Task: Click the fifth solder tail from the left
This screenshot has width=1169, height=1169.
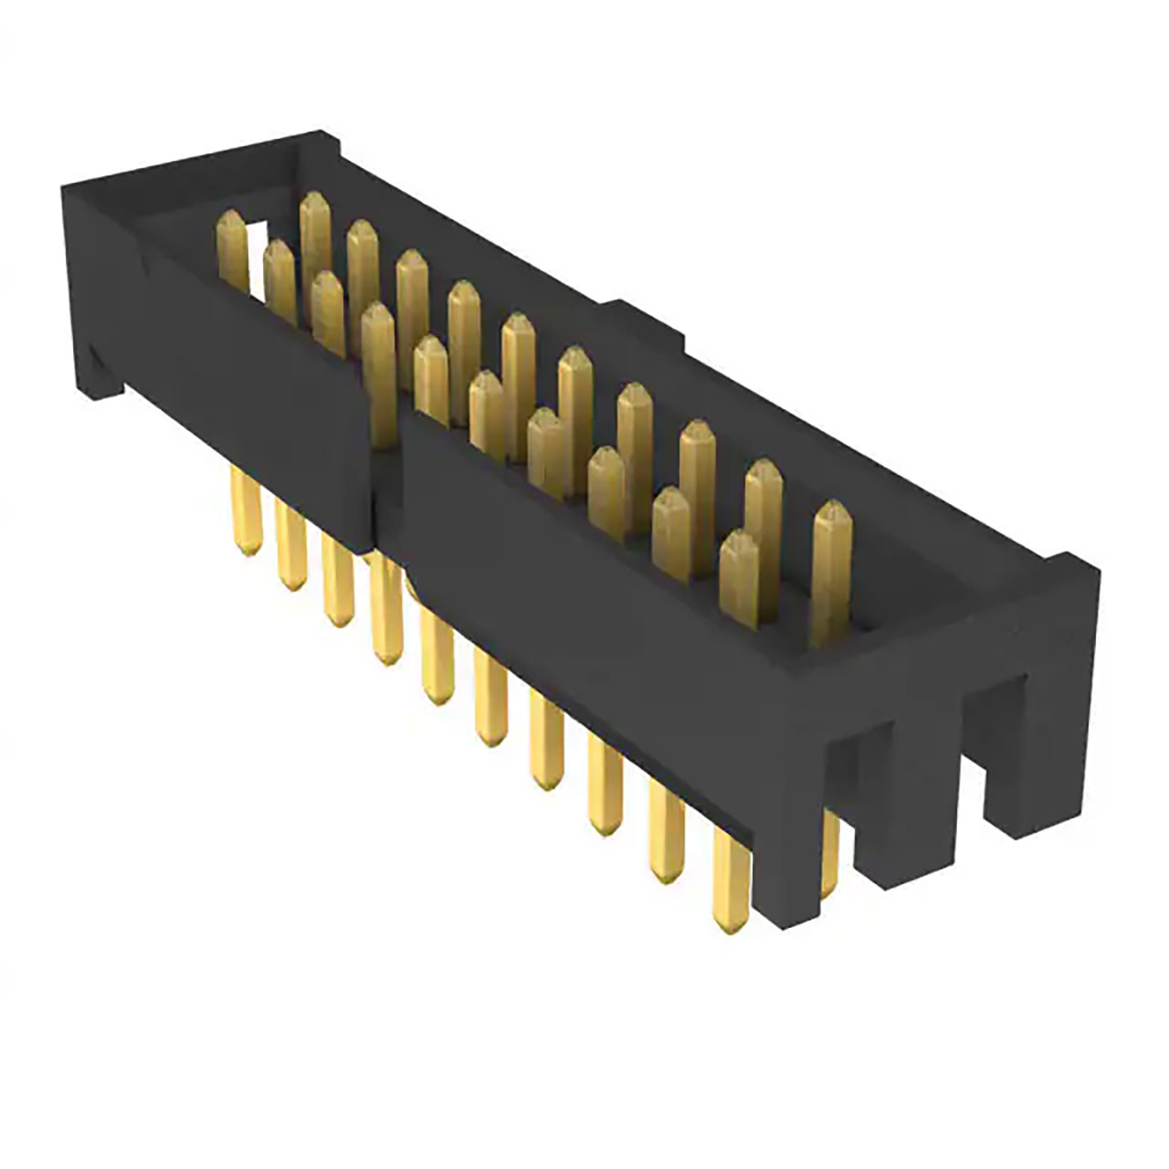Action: coord(437,658)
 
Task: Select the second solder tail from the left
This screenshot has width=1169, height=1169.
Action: coord(290,548)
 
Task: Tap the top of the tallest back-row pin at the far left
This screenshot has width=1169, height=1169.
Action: coord(314,205)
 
